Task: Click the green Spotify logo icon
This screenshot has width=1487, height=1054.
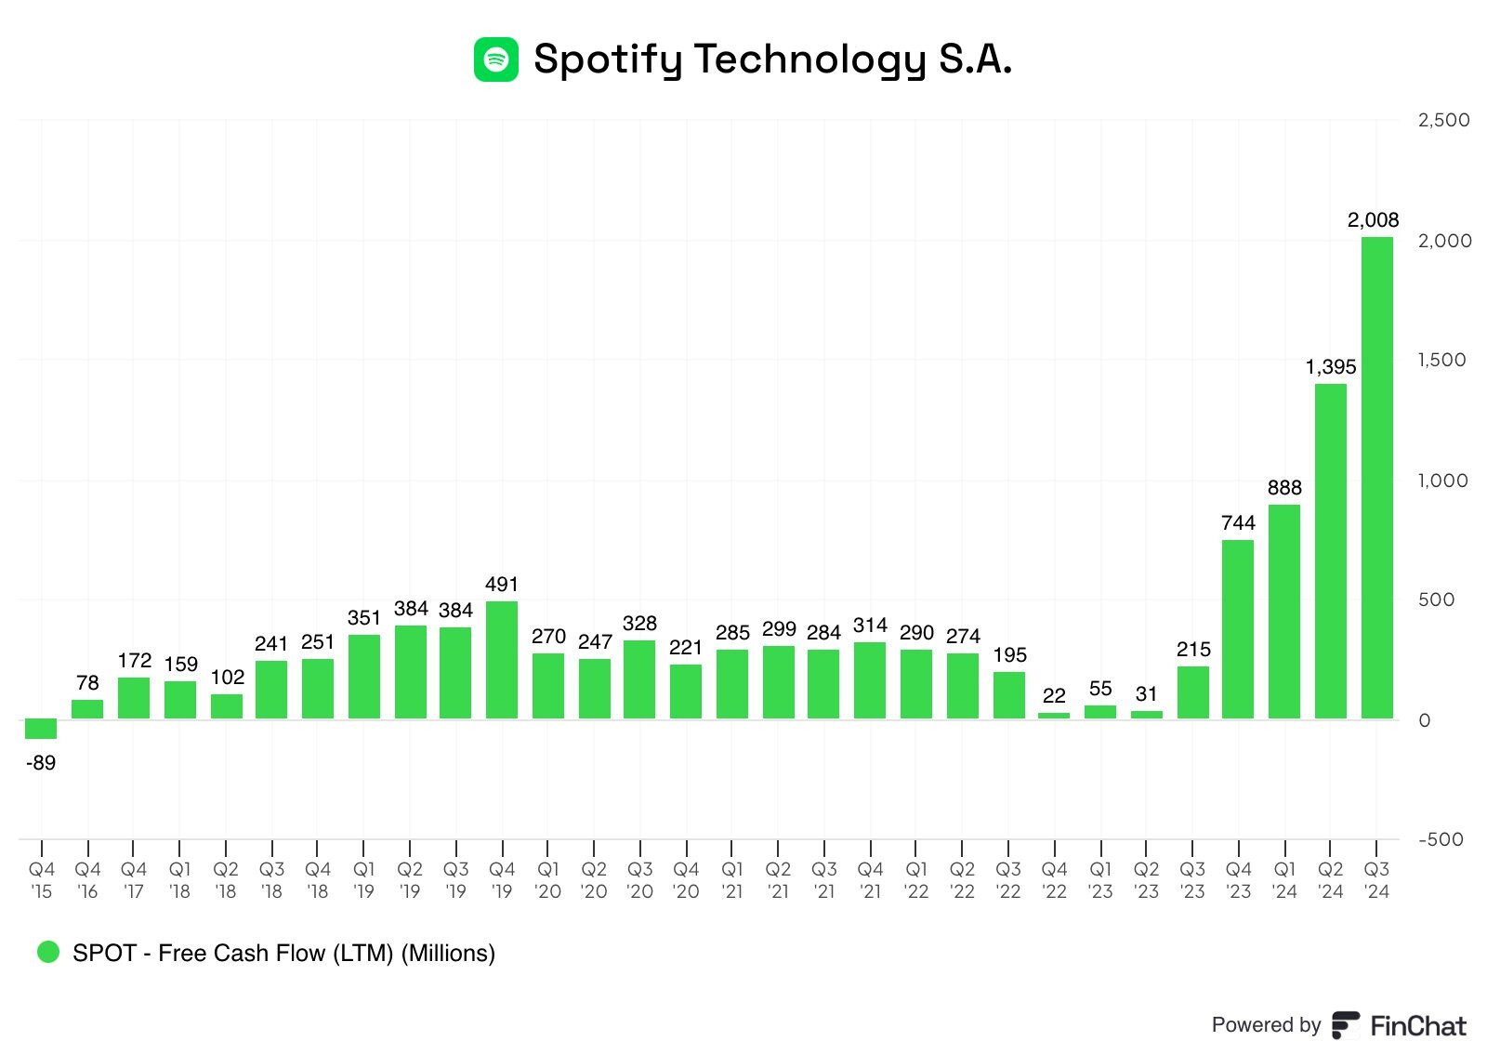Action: click(496, 59)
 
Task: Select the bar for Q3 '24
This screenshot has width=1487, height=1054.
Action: click(1376, 478)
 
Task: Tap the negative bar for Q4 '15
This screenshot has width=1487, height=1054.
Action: click(41, 729)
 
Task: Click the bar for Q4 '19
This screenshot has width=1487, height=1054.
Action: click(502, 660)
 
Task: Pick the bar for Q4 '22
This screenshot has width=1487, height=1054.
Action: click(1054, 716)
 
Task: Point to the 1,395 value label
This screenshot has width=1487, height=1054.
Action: click(1330, 367)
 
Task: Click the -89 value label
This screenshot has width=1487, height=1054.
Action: click(41, 763)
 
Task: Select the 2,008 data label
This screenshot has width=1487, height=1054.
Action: click(1373, 220)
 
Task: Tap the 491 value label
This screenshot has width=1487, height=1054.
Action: click(502, 585)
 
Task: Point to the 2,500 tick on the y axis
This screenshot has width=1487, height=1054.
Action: click(1443, 120)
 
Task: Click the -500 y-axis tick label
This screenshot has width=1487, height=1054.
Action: click(1441, 839)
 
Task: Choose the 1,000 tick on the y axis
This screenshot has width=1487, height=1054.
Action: click(1442, 481)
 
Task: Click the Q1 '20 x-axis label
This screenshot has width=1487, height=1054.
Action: click(548, 880)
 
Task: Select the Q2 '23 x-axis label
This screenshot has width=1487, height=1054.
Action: click(1146, 880)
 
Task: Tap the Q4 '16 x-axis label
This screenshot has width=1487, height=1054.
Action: click(87, 880)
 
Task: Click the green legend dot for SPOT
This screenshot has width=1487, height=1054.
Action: click(47, 952)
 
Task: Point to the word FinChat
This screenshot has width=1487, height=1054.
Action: click(1418, 1026)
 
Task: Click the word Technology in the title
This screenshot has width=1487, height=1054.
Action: click(809, 59)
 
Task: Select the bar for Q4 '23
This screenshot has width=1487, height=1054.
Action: click(1238, 629)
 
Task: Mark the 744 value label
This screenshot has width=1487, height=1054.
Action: click(1238, 523)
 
